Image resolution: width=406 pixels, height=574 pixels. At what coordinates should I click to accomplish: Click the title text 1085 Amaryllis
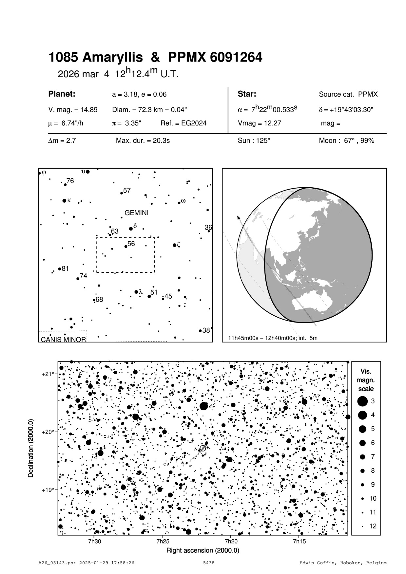point(95,58)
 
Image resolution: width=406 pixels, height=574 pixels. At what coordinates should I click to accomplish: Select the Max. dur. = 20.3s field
point(143,141)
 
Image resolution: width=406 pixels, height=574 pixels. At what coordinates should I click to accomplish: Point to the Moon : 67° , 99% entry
point(346,141)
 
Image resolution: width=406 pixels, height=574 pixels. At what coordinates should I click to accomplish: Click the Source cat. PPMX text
point(348,95)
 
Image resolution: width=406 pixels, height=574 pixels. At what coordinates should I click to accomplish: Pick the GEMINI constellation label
point(136,213)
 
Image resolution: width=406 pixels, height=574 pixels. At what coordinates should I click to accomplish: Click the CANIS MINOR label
point(63,340)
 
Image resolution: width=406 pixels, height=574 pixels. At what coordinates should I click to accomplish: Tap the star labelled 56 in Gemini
point(126,246)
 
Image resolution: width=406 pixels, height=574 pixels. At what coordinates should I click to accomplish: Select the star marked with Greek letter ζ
point(174,245)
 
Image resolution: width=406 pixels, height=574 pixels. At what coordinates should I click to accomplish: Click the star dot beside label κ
point(64,201)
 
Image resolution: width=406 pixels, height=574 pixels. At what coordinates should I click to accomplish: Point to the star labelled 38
point(200,331)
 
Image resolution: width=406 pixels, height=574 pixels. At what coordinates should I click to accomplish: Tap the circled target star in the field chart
point(203,448)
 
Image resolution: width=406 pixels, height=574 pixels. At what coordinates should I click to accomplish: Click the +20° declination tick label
point(48,432)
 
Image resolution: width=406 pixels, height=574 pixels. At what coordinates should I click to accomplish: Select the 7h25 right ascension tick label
point(163,542)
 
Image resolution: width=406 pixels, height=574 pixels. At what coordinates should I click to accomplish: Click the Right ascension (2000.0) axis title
point(203,550)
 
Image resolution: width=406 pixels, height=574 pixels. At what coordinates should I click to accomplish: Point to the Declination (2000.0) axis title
point(31,448)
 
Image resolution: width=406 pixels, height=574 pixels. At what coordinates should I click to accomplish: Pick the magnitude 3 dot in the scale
point(362,401)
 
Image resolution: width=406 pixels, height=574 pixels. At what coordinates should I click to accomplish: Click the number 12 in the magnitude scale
point(373,527)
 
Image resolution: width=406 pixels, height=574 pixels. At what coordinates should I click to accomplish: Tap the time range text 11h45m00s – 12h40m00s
point(262,338)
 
